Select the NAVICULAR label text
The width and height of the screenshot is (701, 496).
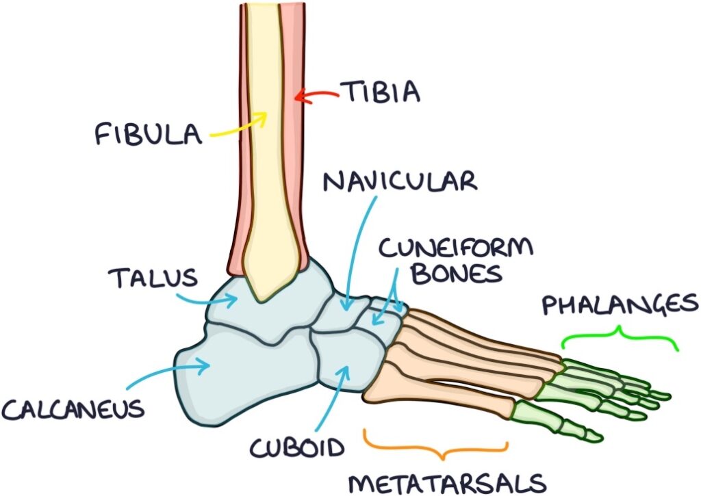point(400,183)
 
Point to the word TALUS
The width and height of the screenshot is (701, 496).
point(153,278)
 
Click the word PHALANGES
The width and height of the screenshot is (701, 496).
point(620,304)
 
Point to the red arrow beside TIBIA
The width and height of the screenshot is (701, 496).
point(316,98)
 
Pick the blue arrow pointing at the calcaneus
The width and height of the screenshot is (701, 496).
point(175,376)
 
